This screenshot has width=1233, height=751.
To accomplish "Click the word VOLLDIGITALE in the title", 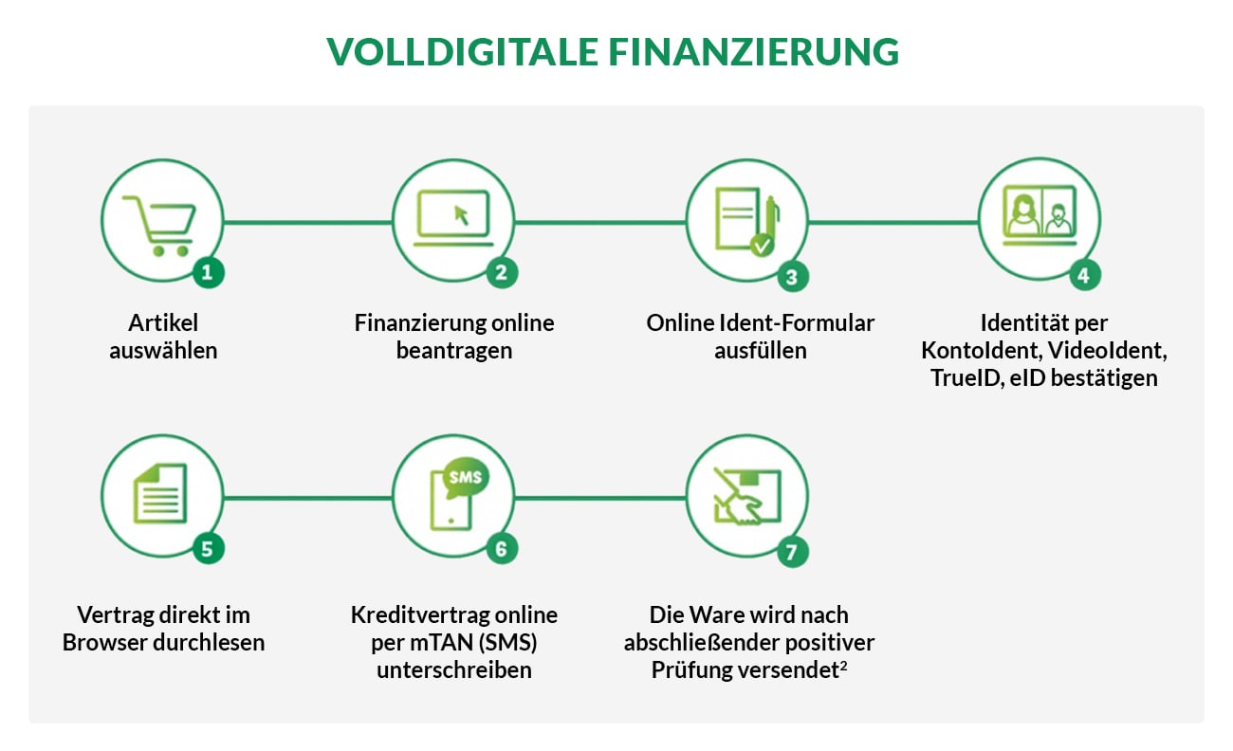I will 463,52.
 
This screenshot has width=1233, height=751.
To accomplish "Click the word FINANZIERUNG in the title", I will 754,52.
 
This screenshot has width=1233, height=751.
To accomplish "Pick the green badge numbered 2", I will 501,273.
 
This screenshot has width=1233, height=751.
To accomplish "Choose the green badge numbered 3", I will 793,276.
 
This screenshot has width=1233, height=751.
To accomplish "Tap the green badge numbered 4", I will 1085,276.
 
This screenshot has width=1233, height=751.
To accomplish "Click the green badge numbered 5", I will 209,548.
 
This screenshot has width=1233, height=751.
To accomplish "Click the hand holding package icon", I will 746,497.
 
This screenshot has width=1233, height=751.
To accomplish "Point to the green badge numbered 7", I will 793,552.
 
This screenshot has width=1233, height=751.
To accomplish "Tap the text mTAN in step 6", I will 439,642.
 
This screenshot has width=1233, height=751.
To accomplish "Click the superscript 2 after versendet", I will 842,665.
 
